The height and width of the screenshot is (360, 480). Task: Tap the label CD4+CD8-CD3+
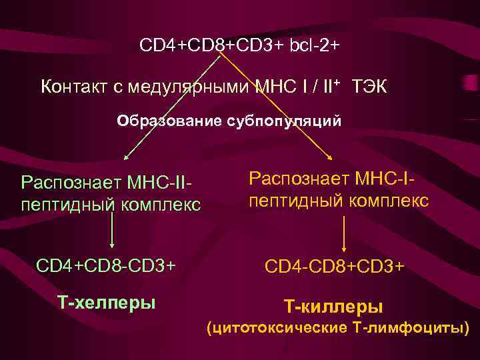tap(106, 266)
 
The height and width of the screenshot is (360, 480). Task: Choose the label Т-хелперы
tap(107, 303)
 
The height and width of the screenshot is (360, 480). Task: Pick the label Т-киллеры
tap(334, 307)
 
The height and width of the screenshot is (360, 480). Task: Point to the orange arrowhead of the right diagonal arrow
tap(331, 157)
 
